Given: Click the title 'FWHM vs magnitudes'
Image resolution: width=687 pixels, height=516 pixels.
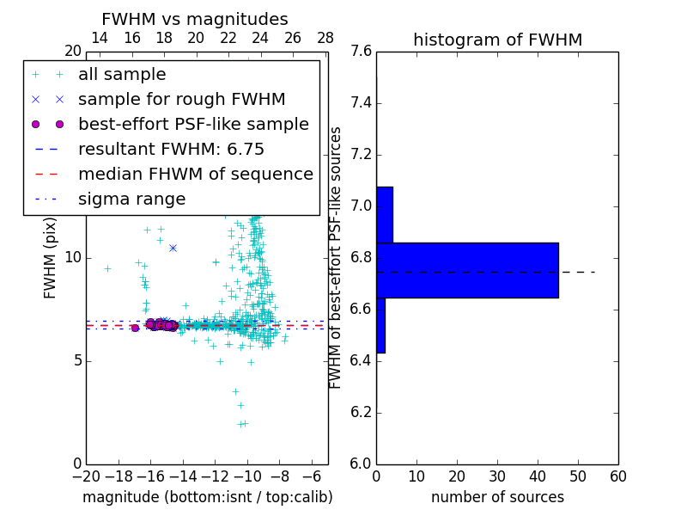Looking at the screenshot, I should point(195,20).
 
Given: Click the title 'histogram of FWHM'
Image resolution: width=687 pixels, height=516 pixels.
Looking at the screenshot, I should point(497,40).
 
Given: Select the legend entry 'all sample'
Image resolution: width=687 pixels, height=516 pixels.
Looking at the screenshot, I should point(121,75).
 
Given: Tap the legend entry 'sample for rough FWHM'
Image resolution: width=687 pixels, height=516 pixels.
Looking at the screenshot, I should point(181,99).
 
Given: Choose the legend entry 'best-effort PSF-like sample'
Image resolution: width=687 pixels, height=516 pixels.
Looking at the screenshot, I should point(193,124).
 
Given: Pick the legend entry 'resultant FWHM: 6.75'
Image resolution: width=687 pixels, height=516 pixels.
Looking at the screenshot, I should point(171,149).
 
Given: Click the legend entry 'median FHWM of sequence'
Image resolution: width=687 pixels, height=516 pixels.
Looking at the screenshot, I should point(195,174).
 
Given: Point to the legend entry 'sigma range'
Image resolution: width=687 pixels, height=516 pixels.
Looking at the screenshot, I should point(131,199).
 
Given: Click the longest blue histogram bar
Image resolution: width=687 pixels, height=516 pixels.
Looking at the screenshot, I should point(467,270).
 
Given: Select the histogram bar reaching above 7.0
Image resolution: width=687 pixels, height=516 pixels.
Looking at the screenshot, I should point(384,214).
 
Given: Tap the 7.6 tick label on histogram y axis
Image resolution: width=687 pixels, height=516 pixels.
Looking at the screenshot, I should point(362,52).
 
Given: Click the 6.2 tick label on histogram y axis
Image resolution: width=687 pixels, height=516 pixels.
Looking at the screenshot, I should point(362,412).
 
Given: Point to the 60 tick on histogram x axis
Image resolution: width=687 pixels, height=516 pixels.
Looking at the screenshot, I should point(617,476).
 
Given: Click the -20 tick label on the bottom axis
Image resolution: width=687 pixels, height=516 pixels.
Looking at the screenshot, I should point(86,476).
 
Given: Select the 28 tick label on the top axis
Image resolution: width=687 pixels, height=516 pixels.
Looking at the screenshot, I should point(325,38).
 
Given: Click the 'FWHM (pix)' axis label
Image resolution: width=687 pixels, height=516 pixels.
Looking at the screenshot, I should point(51,258).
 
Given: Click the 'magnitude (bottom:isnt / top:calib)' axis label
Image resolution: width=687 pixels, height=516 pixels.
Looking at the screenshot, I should point(207,497).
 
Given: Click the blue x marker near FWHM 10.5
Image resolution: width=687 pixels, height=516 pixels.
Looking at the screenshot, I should point(173,248).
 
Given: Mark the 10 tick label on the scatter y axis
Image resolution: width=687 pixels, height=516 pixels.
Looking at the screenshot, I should point(74,257).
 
